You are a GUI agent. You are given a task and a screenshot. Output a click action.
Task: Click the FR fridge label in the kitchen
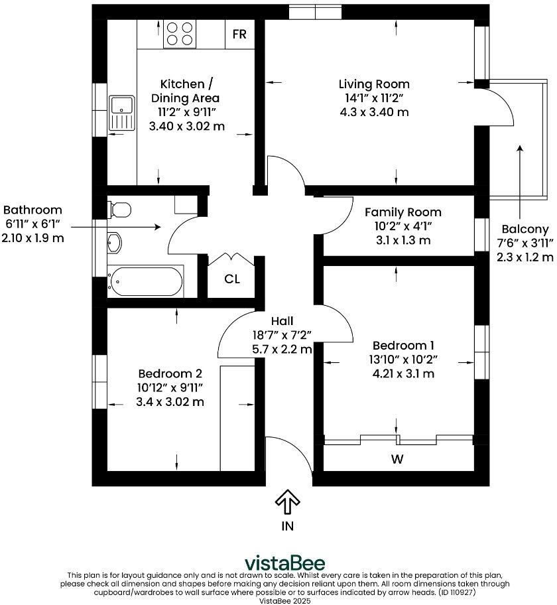click(239, 34)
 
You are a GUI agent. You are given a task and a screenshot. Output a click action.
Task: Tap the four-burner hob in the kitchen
click(180, 34)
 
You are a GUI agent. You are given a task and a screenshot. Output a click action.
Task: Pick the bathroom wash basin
click(114, 243)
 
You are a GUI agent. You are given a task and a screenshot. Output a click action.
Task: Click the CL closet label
click(231, 279)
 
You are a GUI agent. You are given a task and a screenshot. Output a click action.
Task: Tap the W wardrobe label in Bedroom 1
click(397, 458)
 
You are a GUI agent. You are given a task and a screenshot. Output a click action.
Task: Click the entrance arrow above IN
click(287, 502)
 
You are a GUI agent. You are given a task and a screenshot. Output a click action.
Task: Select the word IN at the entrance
click(287, 527)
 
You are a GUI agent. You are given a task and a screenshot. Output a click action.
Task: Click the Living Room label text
click(374, 84)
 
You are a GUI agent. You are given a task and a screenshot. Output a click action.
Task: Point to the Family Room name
click(402, 212)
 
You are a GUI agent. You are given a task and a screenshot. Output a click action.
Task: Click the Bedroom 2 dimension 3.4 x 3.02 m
click(170, 401)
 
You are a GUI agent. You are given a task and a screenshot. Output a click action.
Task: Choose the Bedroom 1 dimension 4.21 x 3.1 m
click(403, 373)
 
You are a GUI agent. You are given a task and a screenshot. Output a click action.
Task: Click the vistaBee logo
click(285, 563)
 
